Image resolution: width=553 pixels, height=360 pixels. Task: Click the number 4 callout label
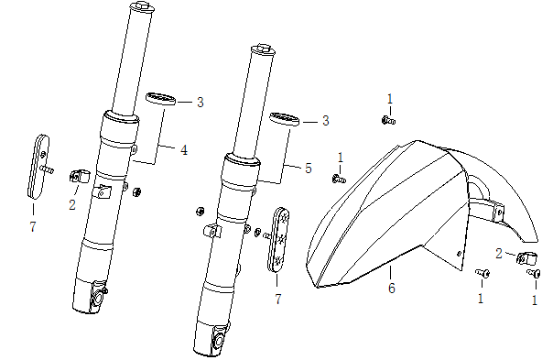coord(184,149)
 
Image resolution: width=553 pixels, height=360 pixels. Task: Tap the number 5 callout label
coord(309,168)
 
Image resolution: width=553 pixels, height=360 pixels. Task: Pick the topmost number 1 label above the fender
coord(389,98)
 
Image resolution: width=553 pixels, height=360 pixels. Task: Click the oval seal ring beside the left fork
coord(162,100)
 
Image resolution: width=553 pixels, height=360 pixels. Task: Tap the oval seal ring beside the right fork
coord(286,120)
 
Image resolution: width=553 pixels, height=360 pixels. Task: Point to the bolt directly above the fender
coord(388,119)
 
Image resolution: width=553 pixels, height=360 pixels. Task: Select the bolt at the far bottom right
coord(531,272)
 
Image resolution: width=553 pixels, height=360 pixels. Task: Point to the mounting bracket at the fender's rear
coord(494,209)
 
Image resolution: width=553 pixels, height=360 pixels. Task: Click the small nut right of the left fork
coord(137,191)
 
